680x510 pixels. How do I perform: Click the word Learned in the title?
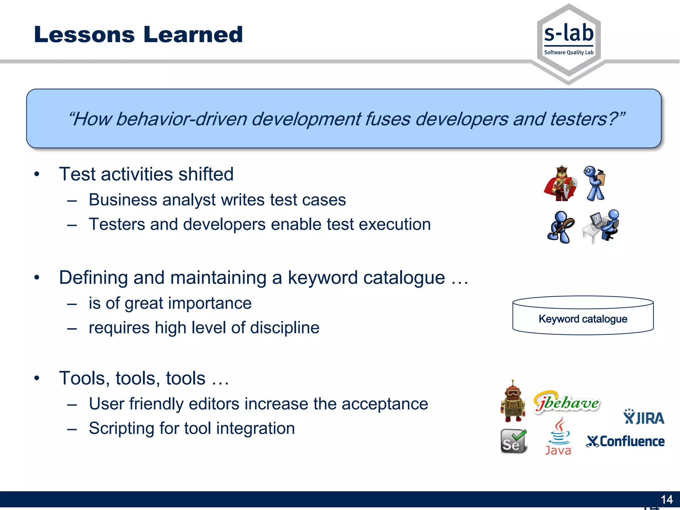pyautogui.click(x=193, y=35)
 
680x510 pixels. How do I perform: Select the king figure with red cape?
pyautogui.click(x=560, y=184)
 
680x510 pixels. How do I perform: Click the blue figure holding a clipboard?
pyautogui.click(x=595, y=184)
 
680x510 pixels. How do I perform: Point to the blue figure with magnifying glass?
pyautogui.click(x=560, y=227)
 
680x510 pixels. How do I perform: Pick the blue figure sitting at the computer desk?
pyautogui.click(x=601, y=226)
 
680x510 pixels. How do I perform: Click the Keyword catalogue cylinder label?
pyautogui.click(x=583, y=319)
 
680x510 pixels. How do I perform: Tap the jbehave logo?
pyautogui.click(x=567, y=403)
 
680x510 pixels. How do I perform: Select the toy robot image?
pyautogui.click(x=513, y=402)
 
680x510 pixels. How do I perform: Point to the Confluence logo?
pyautogui.click(x=626, y=442)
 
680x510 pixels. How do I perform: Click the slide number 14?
pyautogui.click(x=666, y=499)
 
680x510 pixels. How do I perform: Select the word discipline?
pyautogui.click(x=285, y=328)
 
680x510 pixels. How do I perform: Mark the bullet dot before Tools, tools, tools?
pyautogui.click(x=37, y=378)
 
